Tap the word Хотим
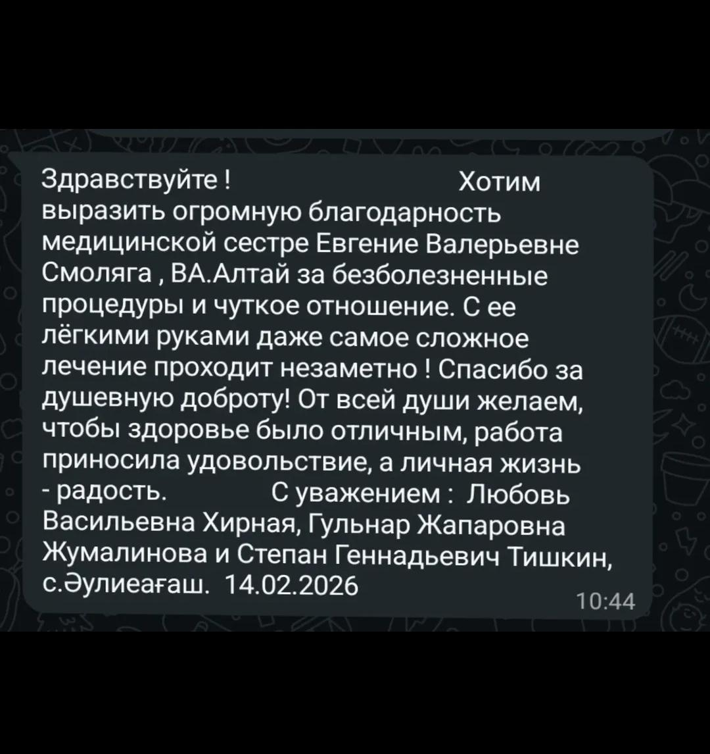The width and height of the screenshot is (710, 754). (x=498, y=182)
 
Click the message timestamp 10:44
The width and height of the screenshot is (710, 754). (x=605, y=601)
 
